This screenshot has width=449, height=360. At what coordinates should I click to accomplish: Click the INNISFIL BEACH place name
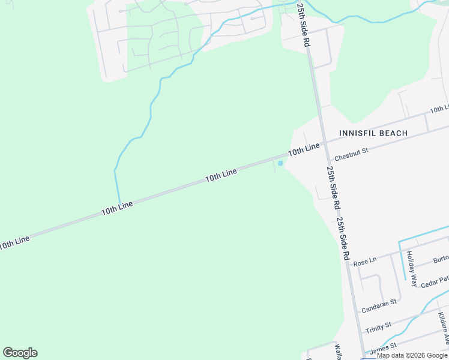click(x=373, y=133)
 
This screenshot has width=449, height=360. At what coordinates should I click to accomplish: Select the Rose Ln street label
click(x=365, y=262)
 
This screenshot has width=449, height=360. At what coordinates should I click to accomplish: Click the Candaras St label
click(x=379, y=306)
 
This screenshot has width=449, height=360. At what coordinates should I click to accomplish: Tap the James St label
click(x=384, y=347)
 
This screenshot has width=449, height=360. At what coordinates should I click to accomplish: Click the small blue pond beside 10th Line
click(x=280, y=163)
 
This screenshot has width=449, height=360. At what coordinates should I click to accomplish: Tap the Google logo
click(x=20, y=353)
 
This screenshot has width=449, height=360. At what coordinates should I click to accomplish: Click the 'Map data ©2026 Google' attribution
click(x=412, y=355)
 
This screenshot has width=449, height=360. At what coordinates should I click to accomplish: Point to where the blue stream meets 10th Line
click(x=120, y=204)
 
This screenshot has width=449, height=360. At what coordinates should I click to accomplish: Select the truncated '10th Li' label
click(x=439, y=109)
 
